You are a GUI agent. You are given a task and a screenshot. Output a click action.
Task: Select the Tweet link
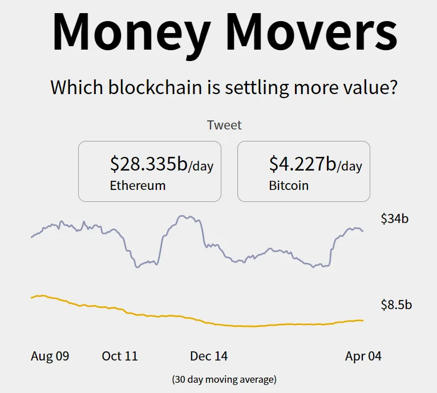pyautogui.click(x=224, y=125)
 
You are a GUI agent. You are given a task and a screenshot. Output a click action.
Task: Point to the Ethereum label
pyautogui.click(x=137, y=185)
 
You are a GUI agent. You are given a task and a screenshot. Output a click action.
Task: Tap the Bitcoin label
pyautogui.click(x=289, y=185)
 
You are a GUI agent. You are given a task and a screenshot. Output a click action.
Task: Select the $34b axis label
pyautogui.click(x=395, y=218)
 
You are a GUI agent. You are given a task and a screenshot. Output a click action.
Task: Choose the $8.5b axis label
pyautogui.click(x=396, y=305)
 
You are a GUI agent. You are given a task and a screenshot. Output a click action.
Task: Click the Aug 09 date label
pyautogui.click(x=50, y=356)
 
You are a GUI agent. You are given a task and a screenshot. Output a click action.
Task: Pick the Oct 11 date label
pyautogui.click(x=120, y=356)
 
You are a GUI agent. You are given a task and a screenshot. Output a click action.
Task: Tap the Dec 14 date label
pyautogui.click(x=209, y=356)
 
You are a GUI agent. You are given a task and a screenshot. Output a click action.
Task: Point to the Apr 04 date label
pyautogui.click(x=363, y=356)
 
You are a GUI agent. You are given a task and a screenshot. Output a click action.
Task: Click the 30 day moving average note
pyautogui.click(x=224, y=379)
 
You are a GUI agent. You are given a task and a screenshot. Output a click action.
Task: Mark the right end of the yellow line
pyautogui.click(x=363, y=321)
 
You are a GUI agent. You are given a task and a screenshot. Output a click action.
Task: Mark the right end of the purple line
pyautogui.click(x=363, y=230)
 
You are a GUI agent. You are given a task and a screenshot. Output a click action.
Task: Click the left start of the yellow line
pyautogui.click(x=31, y=297)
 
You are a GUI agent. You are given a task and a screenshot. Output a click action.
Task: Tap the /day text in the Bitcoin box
pyautogui.click(x=350, y=167)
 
